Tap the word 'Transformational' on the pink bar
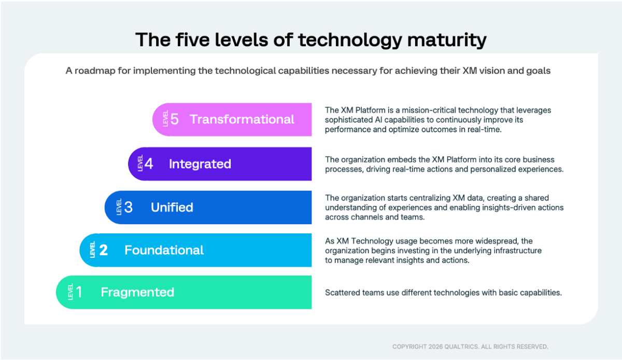pos(242,119)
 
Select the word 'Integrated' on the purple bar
pos(200,164)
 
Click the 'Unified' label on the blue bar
pos(172,207)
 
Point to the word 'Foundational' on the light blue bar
pos(164,250)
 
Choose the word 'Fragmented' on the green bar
pos(137,292)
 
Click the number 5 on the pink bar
pos(175,119)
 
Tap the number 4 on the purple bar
pos(149,164)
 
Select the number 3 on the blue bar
pos(129,207)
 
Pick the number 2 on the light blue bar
pos(104,250)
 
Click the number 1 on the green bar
pos(79,292)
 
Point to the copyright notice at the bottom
pos(470,347)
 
